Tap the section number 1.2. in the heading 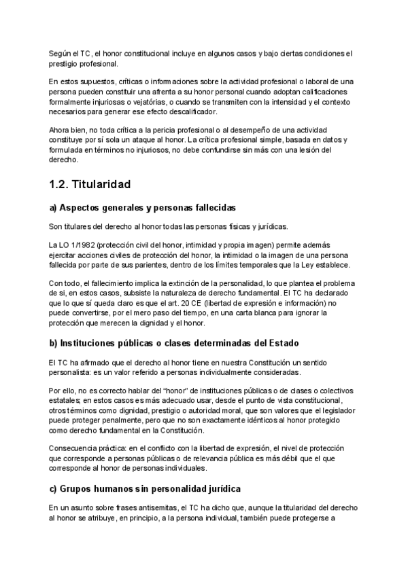(61, 184)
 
